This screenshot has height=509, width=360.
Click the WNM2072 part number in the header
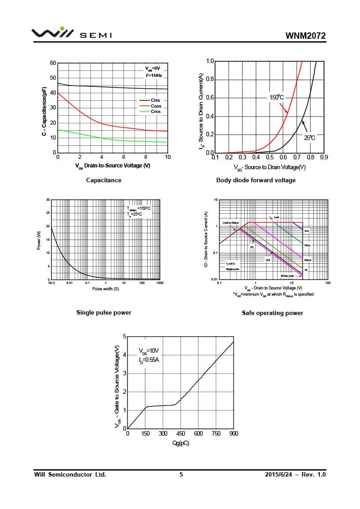[306, 36]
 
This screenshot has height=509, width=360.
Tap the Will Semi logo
[72, 34]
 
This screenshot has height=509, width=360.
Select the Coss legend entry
[156, 106]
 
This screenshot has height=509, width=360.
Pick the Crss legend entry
[156, 112]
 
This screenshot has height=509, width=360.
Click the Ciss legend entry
[155, 100]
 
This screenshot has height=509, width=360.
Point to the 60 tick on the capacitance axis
[53, 63]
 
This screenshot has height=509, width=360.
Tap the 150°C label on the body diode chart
[276, 97]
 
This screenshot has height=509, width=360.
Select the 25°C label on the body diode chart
[309, 138]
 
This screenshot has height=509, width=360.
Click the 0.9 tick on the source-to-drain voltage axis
[324, 157]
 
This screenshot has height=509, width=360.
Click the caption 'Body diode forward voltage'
[256, 180]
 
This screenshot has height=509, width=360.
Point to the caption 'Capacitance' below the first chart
[103, 180]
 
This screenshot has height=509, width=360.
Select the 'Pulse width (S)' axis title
[105, 288]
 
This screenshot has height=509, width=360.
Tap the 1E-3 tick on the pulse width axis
[51, 283]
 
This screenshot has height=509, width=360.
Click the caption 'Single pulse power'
[103, 312]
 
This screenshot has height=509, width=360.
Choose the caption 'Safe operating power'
[272, 313]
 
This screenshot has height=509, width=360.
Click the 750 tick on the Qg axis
[216, 433]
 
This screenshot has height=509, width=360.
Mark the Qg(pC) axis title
[180, 443]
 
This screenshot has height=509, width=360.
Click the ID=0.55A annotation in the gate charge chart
[148, 360]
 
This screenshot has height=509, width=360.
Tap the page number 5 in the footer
[181, 474]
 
